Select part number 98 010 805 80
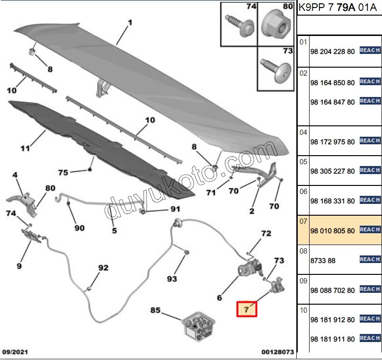332,231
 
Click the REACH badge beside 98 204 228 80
370,50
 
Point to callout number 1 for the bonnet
130,22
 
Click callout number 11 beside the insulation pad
25,148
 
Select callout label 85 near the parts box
155,311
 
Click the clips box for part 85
198,327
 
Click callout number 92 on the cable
103,268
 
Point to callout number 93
172,279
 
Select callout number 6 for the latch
220,298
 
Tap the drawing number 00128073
277,352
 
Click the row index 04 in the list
303,132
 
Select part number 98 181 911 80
332,339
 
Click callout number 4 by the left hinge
15,175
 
